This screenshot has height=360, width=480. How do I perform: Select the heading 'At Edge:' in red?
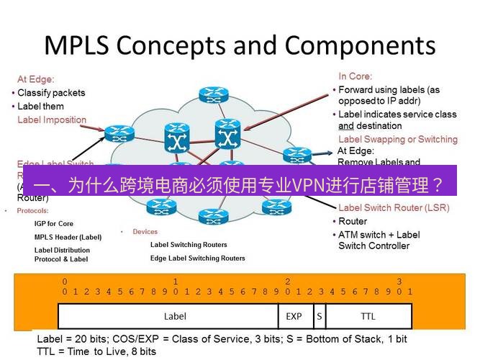pos(36,80)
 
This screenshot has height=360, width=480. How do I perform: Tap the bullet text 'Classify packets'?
pos(51,93)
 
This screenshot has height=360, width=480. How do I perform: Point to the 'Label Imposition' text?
pos(52,120)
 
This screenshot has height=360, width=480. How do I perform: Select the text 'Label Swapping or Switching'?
pos(397,139)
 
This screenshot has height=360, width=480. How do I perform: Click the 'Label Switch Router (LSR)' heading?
pos(394,208)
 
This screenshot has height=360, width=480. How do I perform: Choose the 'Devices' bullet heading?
pos(145,232)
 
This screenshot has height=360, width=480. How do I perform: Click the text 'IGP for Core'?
pos(54,224)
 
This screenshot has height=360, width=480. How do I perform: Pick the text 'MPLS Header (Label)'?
pos(68,237)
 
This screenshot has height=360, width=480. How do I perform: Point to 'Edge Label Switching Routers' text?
pos(197,258)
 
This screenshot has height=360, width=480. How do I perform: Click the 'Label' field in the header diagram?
pos(175,316)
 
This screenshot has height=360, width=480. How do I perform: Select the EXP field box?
pos(294,316)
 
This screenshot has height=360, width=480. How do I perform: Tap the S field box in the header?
pos(319,316)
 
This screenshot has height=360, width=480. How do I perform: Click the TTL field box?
pos(368,316)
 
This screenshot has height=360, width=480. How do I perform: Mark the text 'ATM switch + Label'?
pos(379,235)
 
